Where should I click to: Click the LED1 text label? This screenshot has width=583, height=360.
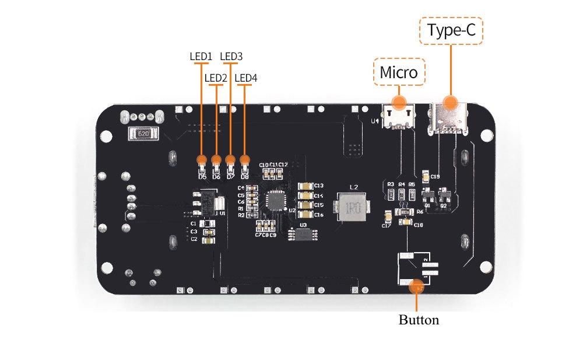[200, 57]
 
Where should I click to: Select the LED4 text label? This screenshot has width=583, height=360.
[245, 78]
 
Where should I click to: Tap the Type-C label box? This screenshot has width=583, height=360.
[451, 31]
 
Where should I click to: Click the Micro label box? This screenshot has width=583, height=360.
[399, 72]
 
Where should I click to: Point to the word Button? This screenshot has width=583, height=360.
[419, 320]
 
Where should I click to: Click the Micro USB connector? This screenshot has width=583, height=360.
[399, 116]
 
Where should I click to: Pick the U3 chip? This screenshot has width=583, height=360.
[303, 235]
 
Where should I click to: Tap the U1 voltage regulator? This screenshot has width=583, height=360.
[209, 201]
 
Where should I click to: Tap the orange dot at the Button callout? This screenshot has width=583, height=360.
[416, 286]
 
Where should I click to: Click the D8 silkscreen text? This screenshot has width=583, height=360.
[245, 176]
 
